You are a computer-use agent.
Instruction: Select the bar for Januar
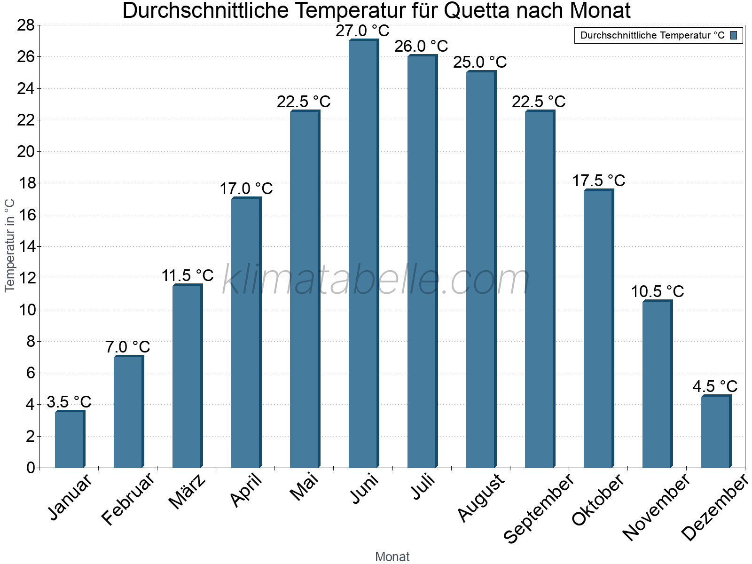70,439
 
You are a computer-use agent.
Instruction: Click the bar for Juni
363,254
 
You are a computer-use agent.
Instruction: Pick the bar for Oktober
598,329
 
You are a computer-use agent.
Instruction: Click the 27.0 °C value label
362,31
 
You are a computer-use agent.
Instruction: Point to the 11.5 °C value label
188,276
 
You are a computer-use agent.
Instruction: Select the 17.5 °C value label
598,181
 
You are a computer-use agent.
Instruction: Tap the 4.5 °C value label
715,387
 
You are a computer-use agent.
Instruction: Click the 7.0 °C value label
128,347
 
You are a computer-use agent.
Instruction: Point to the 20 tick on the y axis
26,151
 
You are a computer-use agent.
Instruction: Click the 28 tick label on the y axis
26,25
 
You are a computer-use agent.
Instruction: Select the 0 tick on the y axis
31,468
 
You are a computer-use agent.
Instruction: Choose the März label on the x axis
188,492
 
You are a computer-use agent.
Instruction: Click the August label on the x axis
481,498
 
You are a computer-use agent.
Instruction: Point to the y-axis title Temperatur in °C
10,245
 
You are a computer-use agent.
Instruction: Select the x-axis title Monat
392,557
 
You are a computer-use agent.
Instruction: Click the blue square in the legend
734,35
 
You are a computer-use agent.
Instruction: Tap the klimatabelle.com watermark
376,280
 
